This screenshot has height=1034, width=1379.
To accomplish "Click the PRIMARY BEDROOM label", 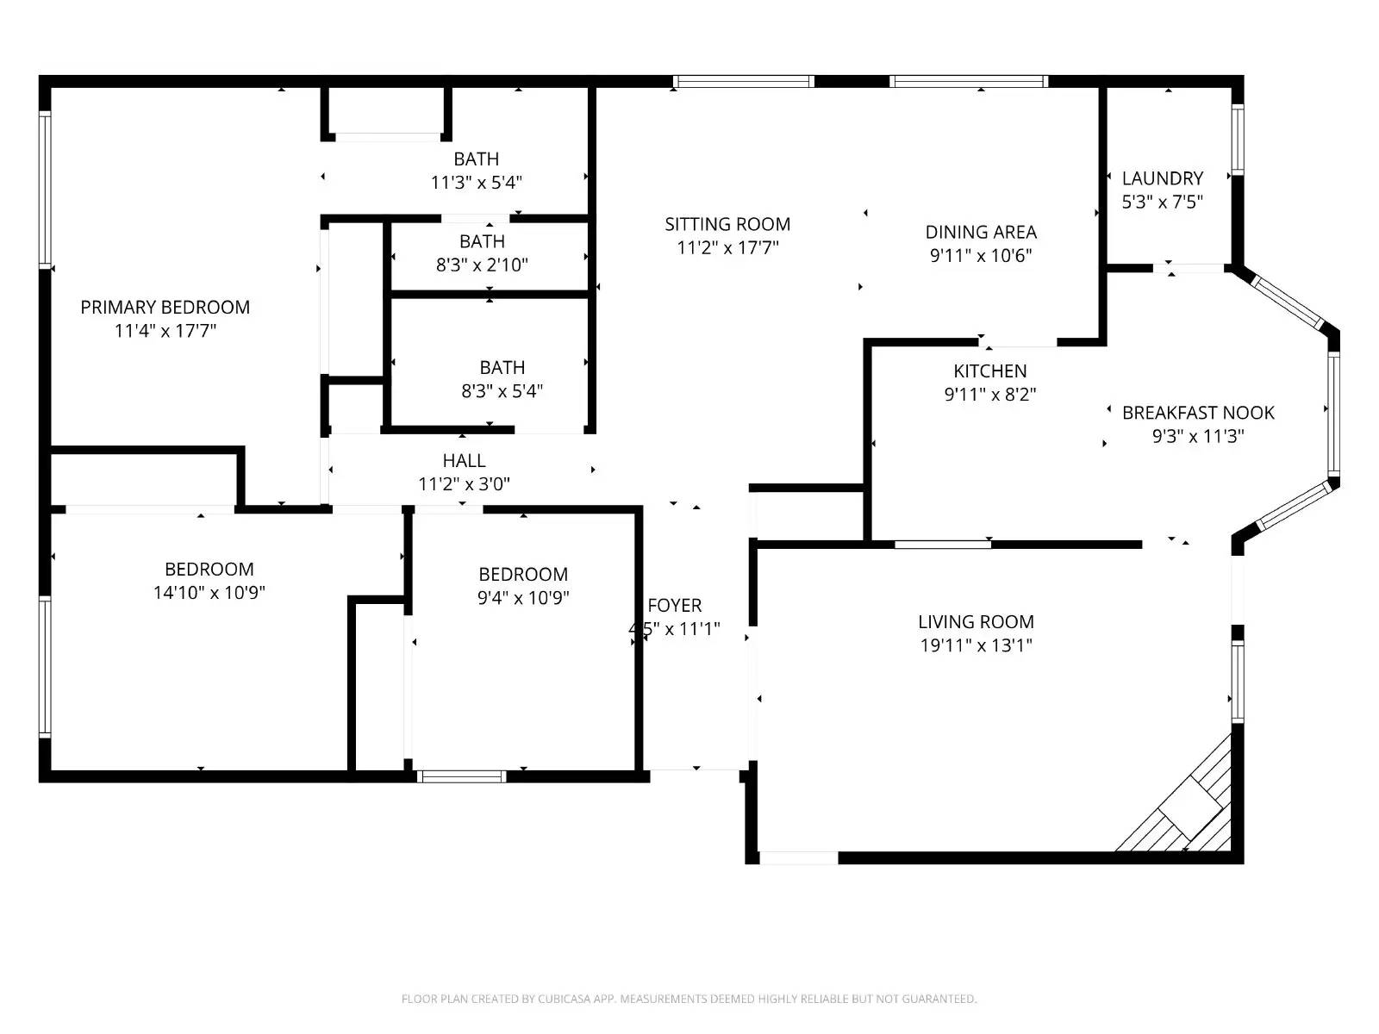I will [x=165, y=308].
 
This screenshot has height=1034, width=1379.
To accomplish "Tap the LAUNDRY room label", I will [x=1162, y=178].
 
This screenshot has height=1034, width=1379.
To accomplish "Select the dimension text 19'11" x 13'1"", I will [x=976, y=645].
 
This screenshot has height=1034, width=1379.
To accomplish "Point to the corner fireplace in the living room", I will [x=1191, y=807].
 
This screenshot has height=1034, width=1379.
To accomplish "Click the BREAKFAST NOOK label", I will [x=1198, y=413].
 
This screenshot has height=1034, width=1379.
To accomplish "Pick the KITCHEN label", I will [x=989, y=371].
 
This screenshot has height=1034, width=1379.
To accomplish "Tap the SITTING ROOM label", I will [x=727, y=224].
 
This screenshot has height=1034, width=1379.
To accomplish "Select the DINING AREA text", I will [x=981, y=232].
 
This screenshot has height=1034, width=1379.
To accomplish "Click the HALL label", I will [x=464, y=461].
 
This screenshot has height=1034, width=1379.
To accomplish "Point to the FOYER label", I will [x=675, y=606].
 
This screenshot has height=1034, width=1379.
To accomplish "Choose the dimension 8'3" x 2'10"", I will [x=482, y=265].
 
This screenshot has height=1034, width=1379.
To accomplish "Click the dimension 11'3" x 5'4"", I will [x=476, y=183].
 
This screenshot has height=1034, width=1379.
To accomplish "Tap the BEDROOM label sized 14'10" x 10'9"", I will [x=209, y=570].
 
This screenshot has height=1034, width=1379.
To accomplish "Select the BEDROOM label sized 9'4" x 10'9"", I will [x=523, y=575].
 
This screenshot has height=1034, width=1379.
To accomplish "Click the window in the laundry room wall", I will [x=1238, y=139].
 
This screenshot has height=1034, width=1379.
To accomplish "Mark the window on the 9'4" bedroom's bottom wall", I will [x=461, y=776].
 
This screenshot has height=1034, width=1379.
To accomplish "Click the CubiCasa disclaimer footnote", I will [x=689, y=1000].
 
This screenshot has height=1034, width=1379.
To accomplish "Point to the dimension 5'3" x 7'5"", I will [x=1162, y=202].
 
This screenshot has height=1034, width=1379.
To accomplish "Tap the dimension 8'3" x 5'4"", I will [x=502, y=391].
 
